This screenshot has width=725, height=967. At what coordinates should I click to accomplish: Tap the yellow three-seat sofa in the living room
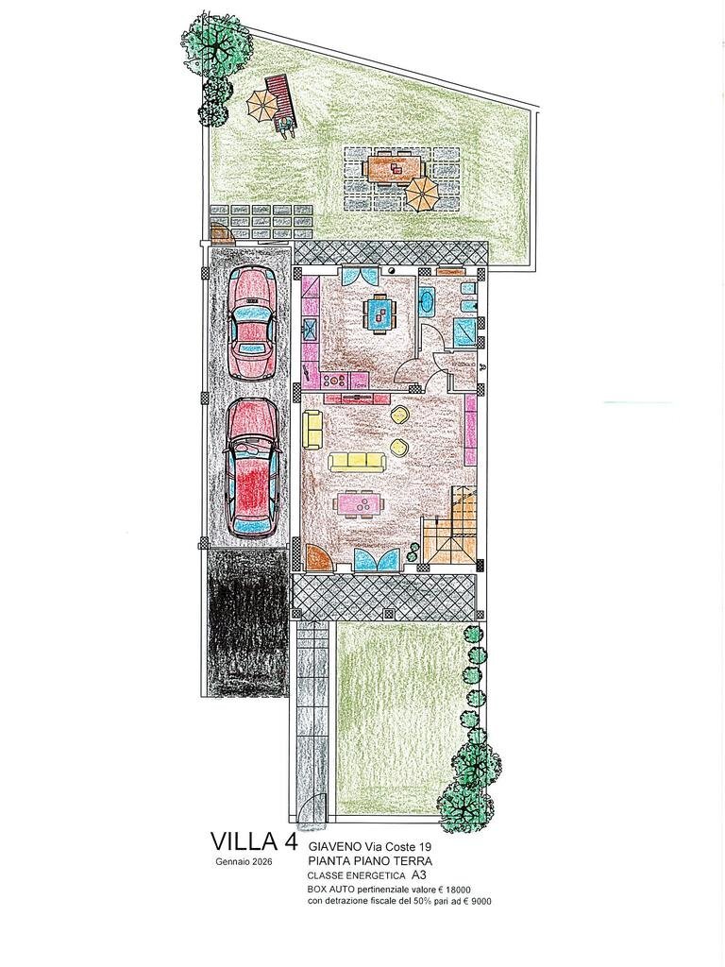click(358, 460)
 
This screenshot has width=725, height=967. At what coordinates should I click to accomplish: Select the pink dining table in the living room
click(360, 505)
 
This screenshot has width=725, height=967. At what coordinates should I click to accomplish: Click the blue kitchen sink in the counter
click(309, 329)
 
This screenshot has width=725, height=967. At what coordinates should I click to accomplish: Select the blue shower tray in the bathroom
click(464, 331)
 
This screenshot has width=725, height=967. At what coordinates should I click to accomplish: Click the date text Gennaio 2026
click(244, 863)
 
